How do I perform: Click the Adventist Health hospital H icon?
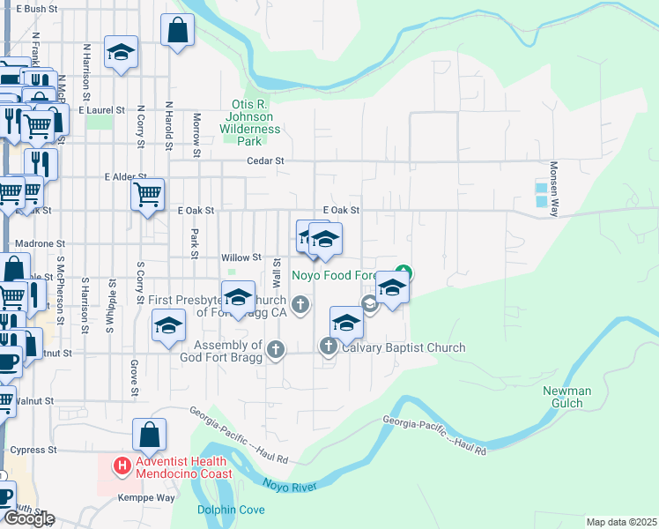pyautogui.click(x=122, y=465)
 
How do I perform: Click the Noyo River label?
pyautogui.click(x=290, y=485)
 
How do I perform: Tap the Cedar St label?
pyautogui.click(x=265, y=161)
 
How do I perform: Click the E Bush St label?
pyautogui.click(x=35, y=9)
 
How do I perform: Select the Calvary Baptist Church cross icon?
pyautogui.click(x=329, y=347)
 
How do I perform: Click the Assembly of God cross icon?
pyautogui.click(x=276, y=350)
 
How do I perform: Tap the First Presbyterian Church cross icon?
pyautogui.click(x=300, y=306)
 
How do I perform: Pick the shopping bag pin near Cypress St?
pyautogui.click(x=149, y=435)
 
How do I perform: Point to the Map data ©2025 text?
pyautogui.click(x=621, y=522)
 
